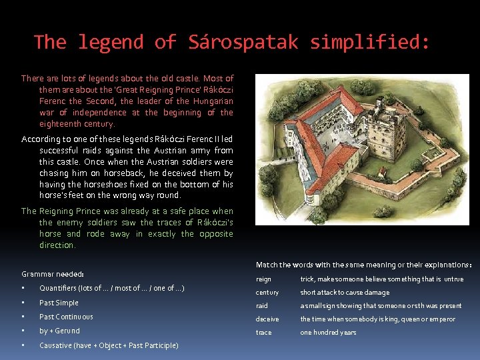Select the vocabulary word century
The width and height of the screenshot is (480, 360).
point(267,293)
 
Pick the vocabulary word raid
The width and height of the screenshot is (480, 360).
point(261,306)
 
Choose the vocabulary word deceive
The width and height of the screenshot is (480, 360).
point(267,319)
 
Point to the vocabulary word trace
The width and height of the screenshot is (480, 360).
point(263,332)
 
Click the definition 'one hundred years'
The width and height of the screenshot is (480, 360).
point(328,332)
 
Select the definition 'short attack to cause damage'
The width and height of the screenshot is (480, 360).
point(344,293)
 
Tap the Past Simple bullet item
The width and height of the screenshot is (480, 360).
point(59,303)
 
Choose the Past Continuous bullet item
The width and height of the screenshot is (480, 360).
point(66,317)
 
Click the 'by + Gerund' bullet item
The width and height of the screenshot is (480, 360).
point(59,331)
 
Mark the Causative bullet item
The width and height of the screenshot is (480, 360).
point(109,345)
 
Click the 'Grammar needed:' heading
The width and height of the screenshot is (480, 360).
point(53,274)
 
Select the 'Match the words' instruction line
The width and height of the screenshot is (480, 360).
point(363,265)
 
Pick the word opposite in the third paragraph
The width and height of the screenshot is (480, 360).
point(215,234)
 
